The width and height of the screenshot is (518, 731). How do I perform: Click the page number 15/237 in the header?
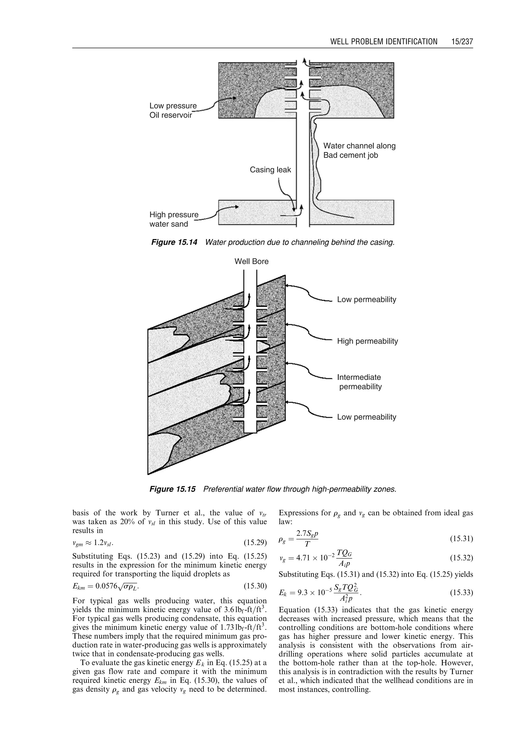pyautogui.click(x=462, y=42)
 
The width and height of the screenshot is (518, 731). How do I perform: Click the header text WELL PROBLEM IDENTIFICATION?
pyautogui.click(x=384, y=42)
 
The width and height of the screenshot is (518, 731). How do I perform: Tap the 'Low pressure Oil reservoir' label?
pyautogui.click(x=173, y=110)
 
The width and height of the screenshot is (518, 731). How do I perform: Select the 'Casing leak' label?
pyautogui.click(x=270, y=170)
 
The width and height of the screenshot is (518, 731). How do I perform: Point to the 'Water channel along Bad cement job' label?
pyautogui.click(x=359, y=150)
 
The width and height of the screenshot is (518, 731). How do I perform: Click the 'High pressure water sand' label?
pyautogui.click(x=174, y=219)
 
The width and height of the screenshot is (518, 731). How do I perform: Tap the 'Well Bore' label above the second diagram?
pyautogui.click(x=251, y=261)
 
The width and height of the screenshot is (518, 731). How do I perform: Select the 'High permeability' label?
pyautogui.click(x=368, y=341)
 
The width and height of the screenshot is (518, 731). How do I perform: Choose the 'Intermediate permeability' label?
pyautogui.click(x=360, y=382)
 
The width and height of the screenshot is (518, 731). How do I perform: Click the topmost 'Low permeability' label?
pyautogui.click(x=366, y=300)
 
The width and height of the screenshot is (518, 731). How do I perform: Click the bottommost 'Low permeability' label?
pyautogui.click(x=366, y=417)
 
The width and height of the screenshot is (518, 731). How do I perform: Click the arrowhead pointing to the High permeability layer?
pyautogui.click(x=287, y=324)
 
